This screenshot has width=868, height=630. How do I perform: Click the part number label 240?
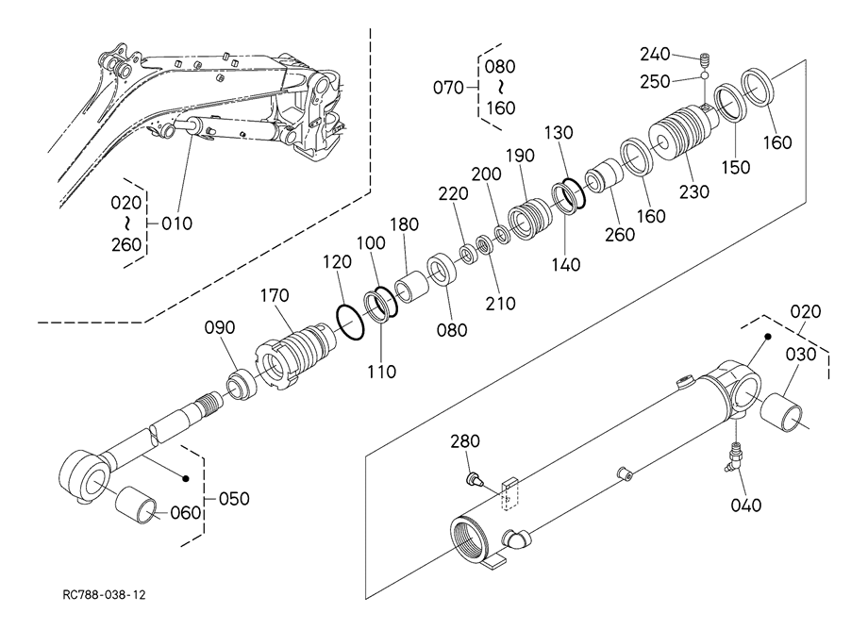click(656, 54)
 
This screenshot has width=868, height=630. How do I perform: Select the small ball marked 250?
click(705, 75)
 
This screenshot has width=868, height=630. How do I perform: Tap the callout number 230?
click(694, 191)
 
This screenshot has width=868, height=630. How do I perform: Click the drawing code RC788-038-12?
click(104, 595)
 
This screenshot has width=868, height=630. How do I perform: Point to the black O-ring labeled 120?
click(350, 322)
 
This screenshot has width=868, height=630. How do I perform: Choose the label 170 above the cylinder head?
click(275, 295)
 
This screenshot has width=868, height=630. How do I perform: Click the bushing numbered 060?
click(136, 505)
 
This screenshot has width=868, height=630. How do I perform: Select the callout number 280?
click(465, 441)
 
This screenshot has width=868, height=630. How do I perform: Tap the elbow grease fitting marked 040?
click(733, 456)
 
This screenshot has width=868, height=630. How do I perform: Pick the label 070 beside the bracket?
click(448, 88)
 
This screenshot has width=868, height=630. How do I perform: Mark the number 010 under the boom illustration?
click(177, 224)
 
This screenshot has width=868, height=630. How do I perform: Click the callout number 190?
click(520, 156)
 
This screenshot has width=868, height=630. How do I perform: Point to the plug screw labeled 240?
click(705, 58)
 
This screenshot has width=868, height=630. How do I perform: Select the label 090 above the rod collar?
click(220, 327)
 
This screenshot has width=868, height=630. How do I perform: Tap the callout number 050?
click(234, 498)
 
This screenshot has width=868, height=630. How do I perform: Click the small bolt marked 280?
click(474, 478)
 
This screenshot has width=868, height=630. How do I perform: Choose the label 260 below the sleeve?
click(620, 235)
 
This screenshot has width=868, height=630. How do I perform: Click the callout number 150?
click(736, 167)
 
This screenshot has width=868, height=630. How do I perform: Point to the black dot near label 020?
click(768, 337)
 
